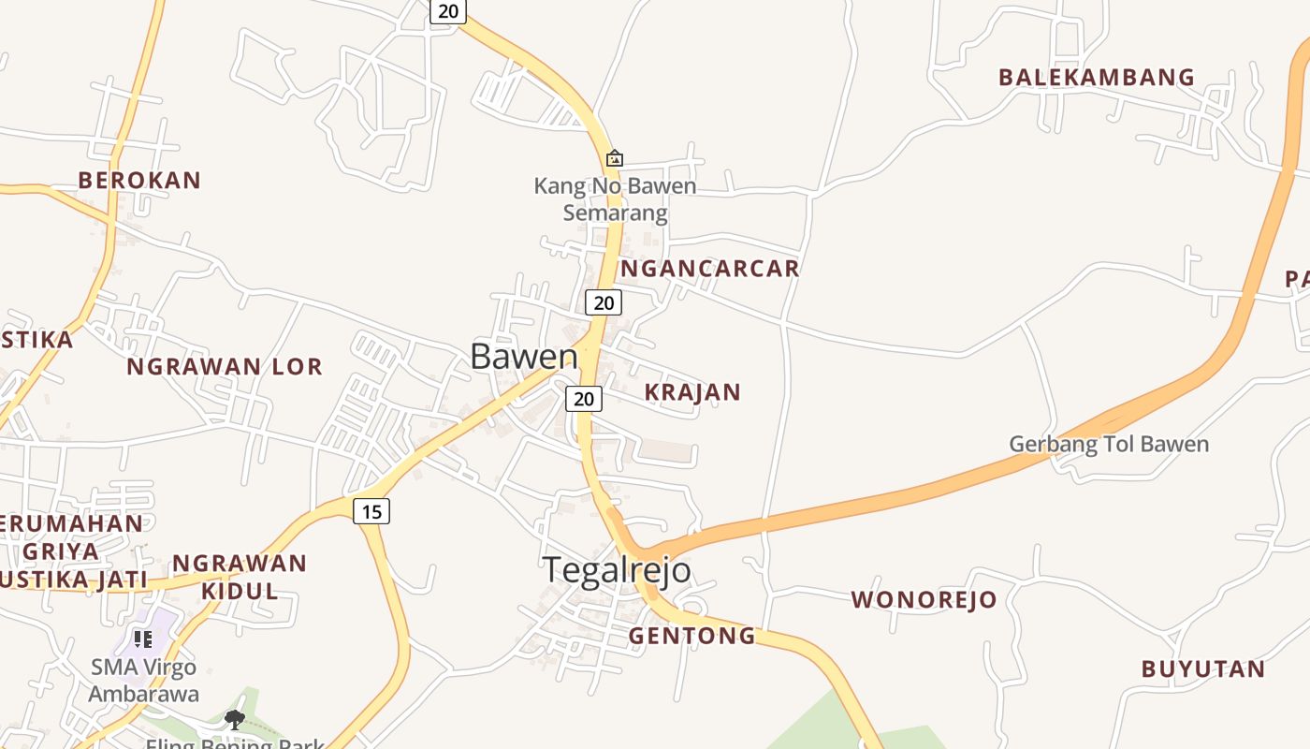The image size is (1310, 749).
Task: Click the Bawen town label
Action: coord(524,357)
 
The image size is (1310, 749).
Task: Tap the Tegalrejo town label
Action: coord(617,569)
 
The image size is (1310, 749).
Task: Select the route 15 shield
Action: coord(371,511)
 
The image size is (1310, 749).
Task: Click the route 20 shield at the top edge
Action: coord(448,10)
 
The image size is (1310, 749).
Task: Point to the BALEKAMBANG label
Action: coord(1097,78)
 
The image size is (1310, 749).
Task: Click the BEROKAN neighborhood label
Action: coord(139,181)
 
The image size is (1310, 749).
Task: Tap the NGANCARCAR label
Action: coord(710,269)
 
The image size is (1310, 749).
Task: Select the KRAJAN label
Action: coord(692,392)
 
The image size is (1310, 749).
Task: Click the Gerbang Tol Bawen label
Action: coord(1109,444)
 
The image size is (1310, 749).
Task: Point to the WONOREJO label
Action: coord(924,600)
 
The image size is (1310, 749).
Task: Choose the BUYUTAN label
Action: coord(1203,669)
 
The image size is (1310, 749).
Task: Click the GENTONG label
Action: coord(691,636)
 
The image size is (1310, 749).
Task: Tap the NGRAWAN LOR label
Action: coord(225,367)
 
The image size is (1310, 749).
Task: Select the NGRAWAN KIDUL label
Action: coord(240,577)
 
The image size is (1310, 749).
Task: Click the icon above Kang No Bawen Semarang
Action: coord(615,158)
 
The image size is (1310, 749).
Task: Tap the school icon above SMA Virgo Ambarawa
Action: coord(143,639)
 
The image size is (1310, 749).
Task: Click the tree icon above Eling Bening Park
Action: coord(235,719)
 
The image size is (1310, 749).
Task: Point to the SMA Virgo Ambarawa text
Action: coord(144,681)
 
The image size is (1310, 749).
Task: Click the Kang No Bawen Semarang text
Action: coord(615,199)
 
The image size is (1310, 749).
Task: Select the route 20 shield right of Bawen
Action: coord(604,302)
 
